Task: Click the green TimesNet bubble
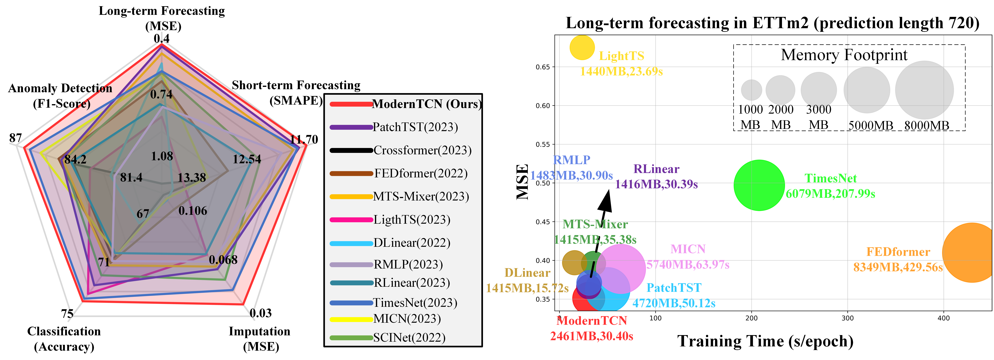[759, 185]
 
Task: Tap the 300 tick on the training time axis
[847, 318]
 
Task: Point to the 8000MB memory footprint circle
[924, 90]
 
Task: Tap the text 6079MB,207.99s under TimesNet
[830, 194]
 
